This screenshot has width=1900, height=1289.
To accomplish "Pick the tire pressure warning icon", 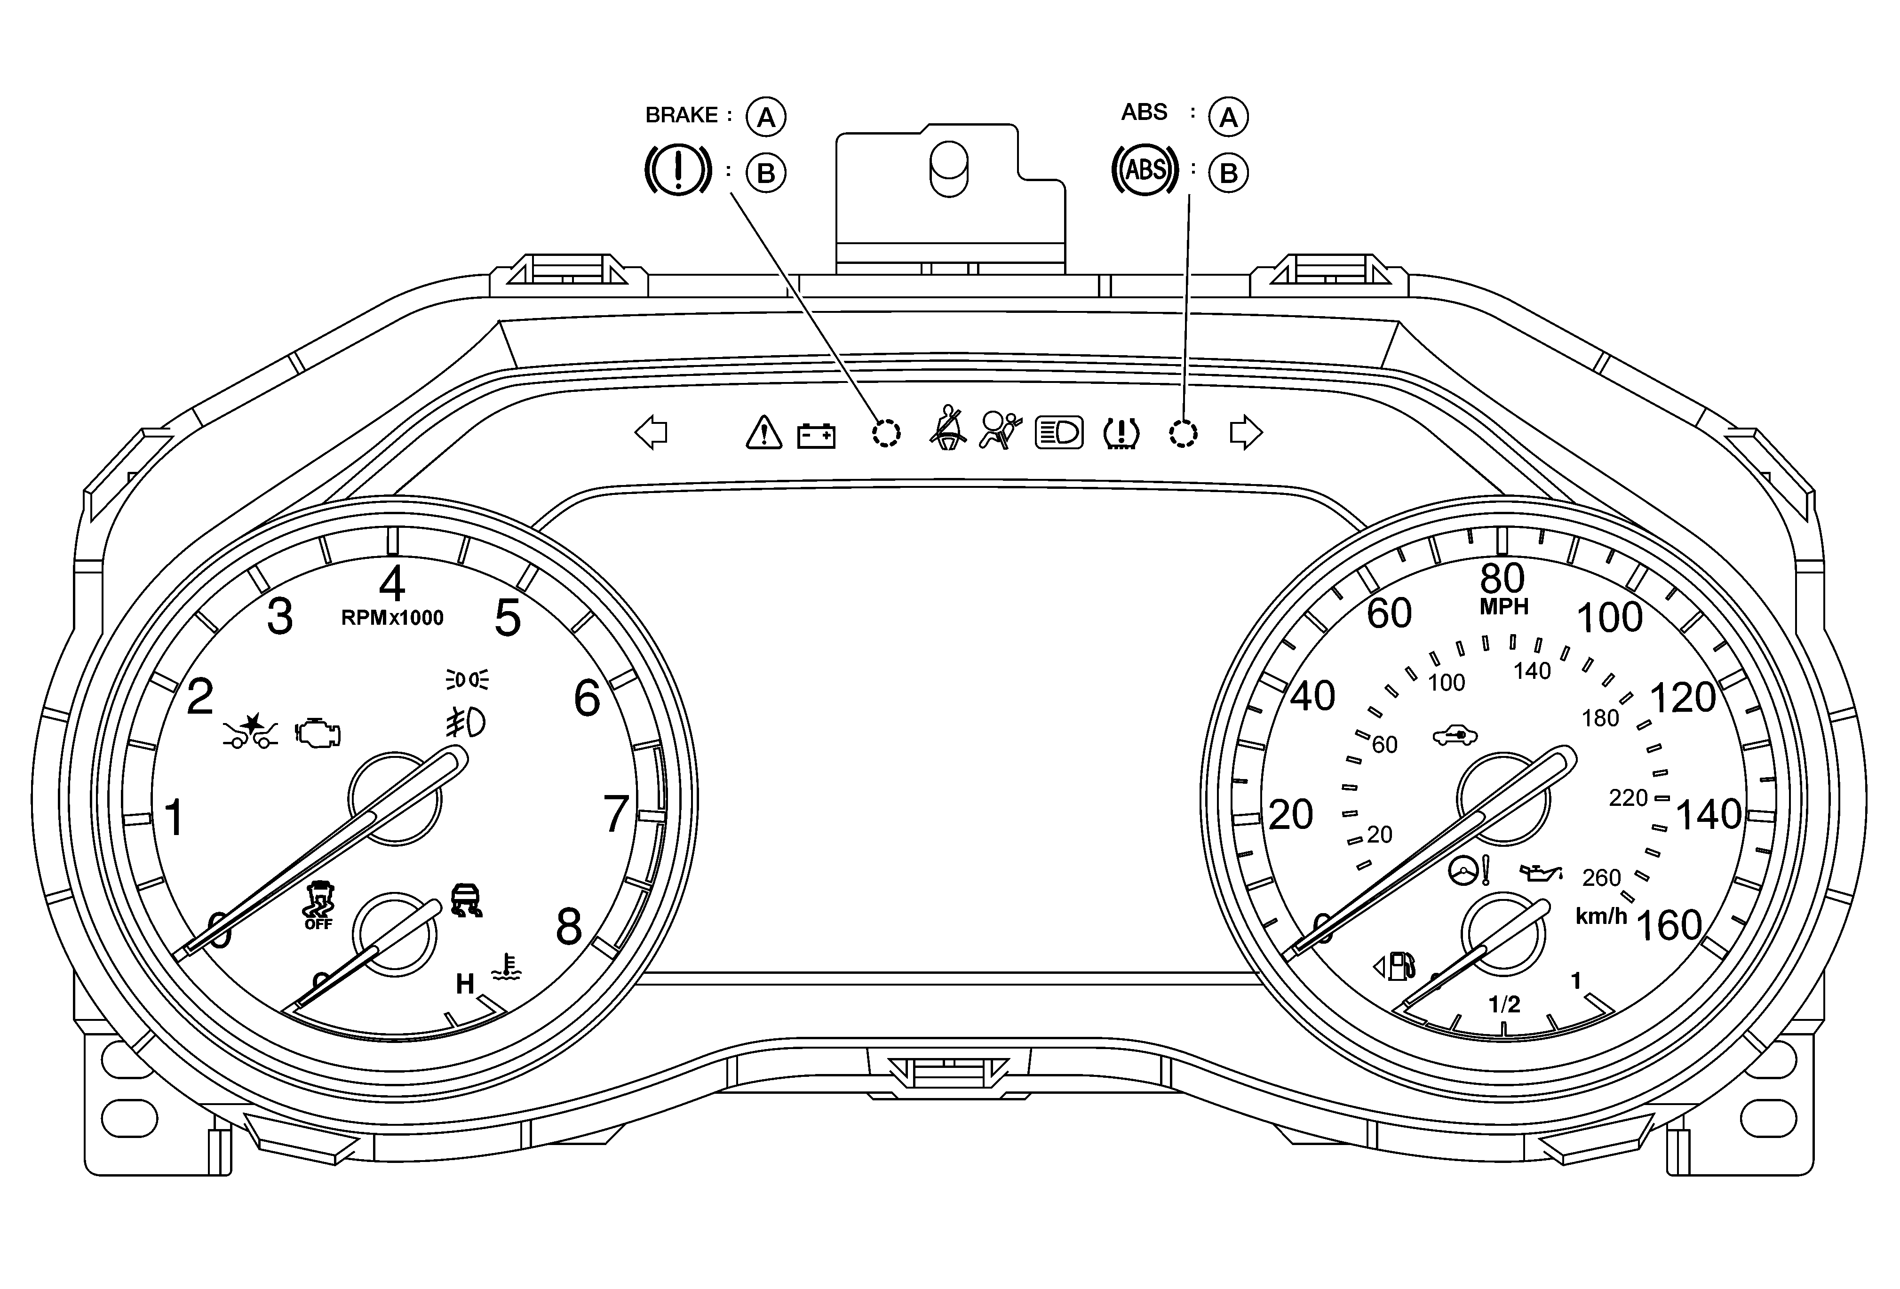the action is (1121, 433).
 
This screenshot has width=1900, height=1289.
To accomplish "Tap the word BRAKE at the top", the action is (681, 115).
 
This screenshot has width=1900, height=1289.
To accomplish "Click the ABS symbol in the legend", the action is (1145, 170).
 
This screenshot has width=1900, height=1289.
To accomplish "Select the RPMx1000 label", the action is (392, 618).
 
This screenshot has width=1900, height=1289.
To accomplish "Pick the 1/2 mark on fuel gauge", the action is (1504, 1004).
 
